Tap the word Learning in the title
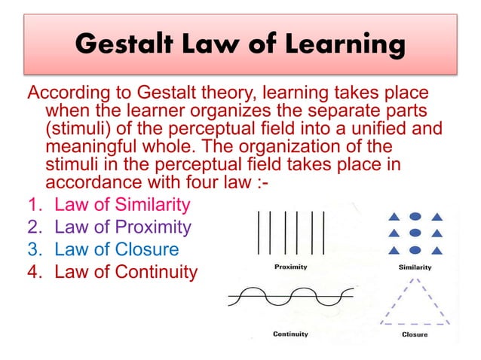click(340, 46)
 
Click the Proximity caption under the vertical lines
click(290, 267)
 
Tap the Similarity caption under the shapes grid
click(415, 267)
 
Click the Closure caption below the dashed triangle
click(415, 334)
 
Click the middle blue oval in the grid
click(415, 233)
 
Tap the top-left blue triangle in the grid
click(392, 218)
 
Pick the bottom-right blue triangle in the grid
click(437, 250)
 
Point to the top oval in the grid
click(415, 217)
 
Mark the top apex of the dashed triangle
click(415, 279)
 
